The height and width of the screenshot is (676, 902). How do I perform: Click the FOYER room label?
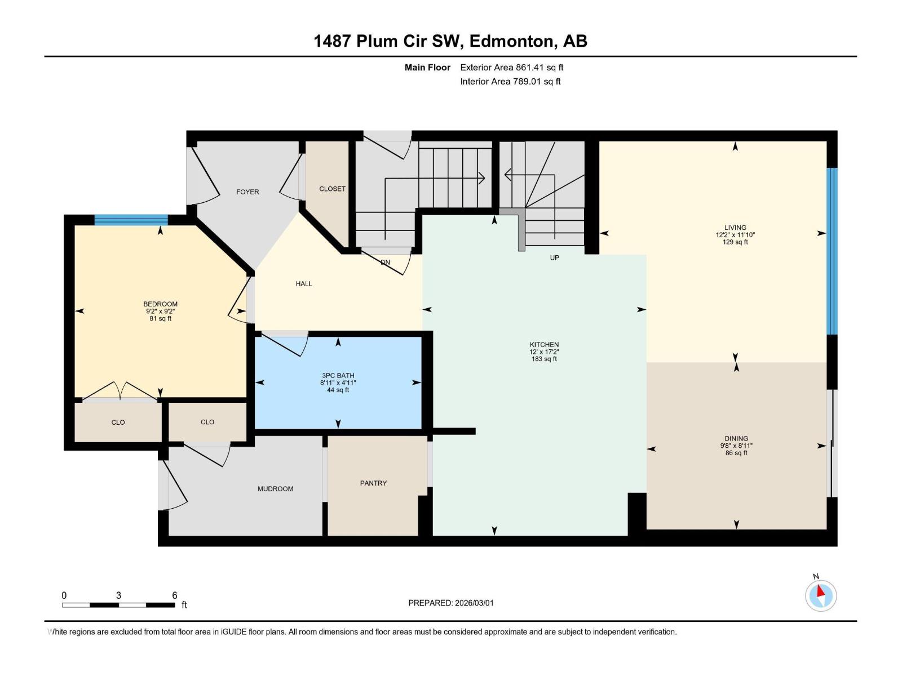tap(247, 192)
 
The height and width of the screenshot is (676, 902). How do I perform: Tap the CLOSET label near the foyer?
tap(332, 189)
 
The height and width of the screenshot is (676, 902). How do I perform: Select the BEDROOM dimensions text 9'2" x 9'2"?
tap(161, 312)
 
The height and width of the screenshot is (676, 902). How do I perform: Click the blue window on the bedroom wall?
tap(131, 220)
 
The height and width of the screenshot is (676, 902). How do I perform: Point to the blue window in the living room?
tap(832, 251)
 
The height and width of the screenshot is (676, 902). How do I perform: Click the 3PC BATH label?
tap(338, 376)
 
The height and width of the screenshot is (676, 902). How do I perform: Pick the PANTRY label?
tap(373, 483)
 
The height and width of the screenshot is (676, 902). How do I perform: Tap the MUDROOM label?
tap(275, 489)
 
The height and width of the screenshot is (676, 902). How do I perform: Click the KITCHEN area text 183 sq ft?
tap(544, 359)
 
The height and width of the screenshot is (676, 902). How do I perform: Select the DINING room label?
tap(736, 438)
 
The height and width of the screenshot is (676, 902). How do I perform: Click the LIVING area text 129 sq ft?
tap(735, 242)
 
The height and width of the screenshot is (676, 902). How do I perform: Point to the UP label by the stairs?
tap(554, 257)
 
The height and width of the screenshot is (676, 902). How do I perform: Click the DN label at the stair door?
tap(385, 263)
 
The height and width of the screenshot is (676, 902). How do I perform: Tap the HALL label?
tap(304, 284)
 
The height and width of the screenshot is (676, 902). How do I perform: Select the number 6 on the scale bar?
tap(175, 595)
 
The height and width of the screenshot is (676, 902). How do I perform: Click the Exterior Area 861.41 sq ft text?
tap(511, 68)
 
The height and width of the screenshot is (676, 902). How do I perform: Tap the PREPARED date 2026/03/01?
tap(474, 603)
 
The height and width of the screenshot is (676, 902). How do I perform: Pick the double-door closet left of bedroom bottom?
tap(118, 422)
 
